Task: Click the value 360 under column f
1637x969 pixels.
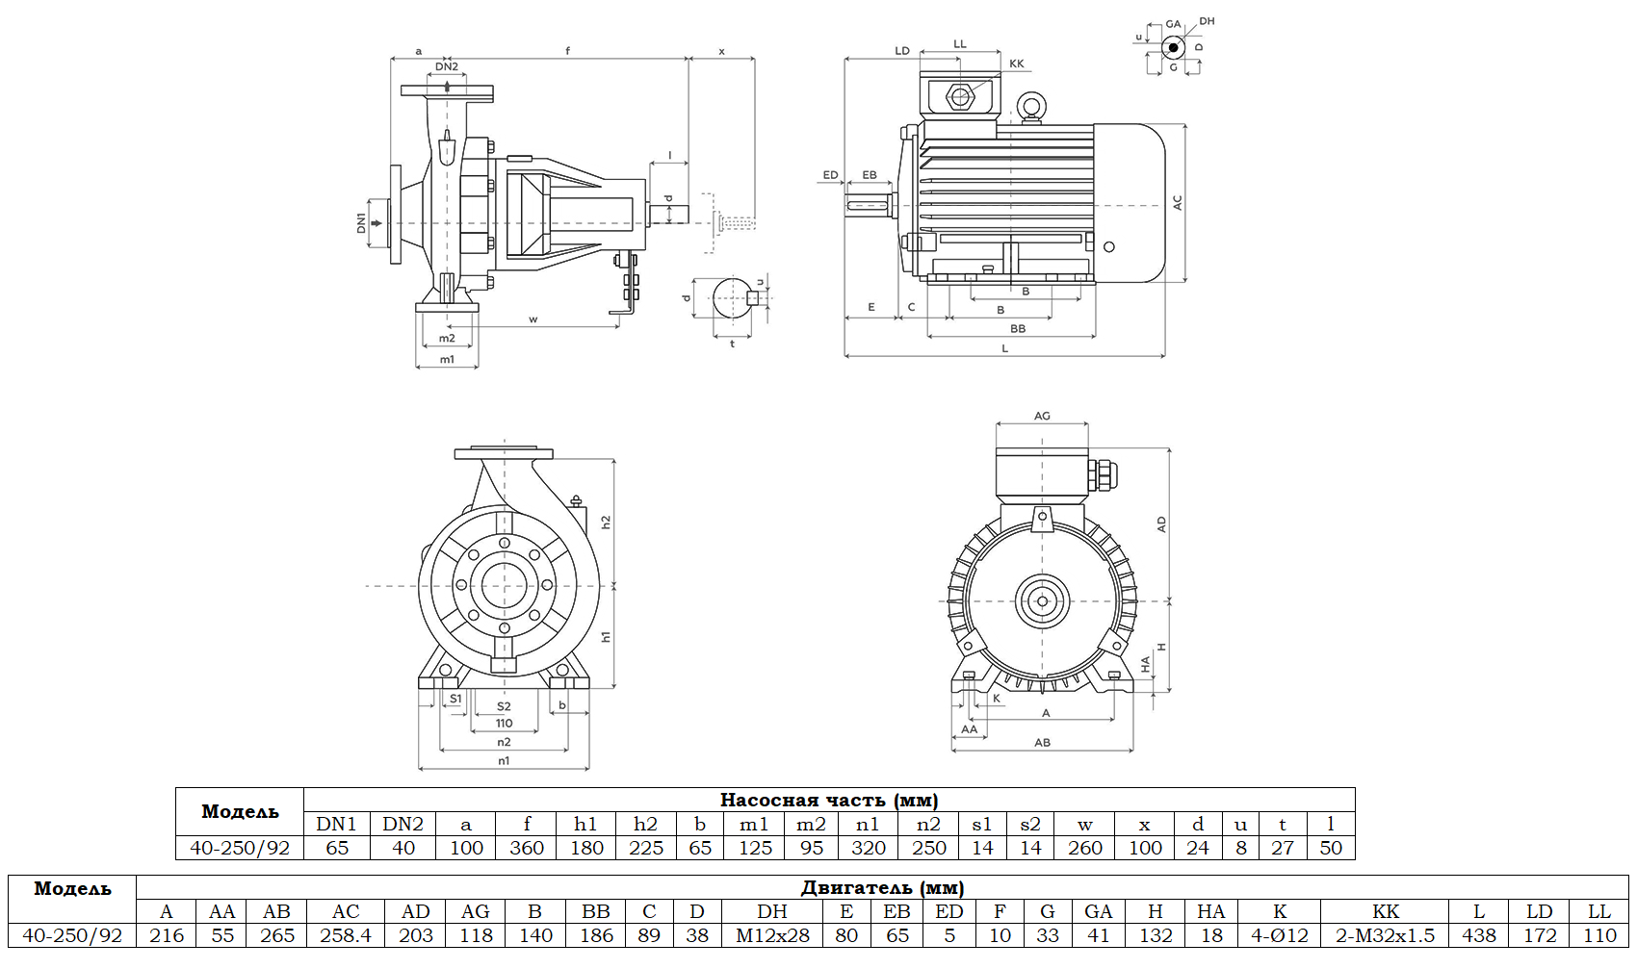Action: click(526, 848)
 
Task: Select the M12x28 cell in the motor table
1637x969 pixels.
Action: click(772, 935)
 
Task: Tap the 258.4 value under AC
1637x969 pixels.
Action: click(346, 935)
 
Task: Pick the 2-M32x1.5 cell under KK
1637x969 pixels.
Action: click(1385, 935)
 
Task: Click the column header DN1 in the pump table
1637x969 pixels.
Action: click(336, 824)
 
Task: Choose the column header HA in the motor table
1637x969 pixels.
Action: click(1210, 911)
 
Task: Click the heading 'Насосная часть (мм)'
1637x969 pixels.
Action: click(828, 800)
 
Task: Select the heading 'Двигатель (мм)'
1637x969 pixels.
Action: click(881, 887)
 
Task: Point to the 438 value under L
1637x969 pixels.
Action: click(1479, 935)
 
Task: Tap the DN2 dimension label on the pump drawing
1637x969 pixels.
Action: click(447, 66)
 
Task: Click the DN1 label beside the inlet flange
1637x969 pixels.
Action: click(362, 223)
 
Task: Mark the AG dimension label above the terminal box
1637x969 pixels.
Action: click(1042, 416)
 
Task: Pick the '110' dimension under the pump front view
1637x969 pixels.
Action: click(504, 724)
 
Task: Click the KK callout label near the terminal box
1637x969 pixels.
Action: click(1017, 64)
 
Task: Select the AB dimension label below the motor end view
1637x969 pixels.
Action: click(1042, 743)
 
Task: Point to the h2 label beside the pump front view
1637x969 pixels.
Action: click(606, 522)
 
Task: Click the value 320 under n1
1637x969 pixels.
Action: click(868, 848)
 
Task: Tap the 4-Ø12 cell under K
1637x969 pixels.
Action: click(1279, 935)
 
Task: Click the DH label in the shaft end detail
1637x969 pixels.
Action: click(1207, 21)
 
